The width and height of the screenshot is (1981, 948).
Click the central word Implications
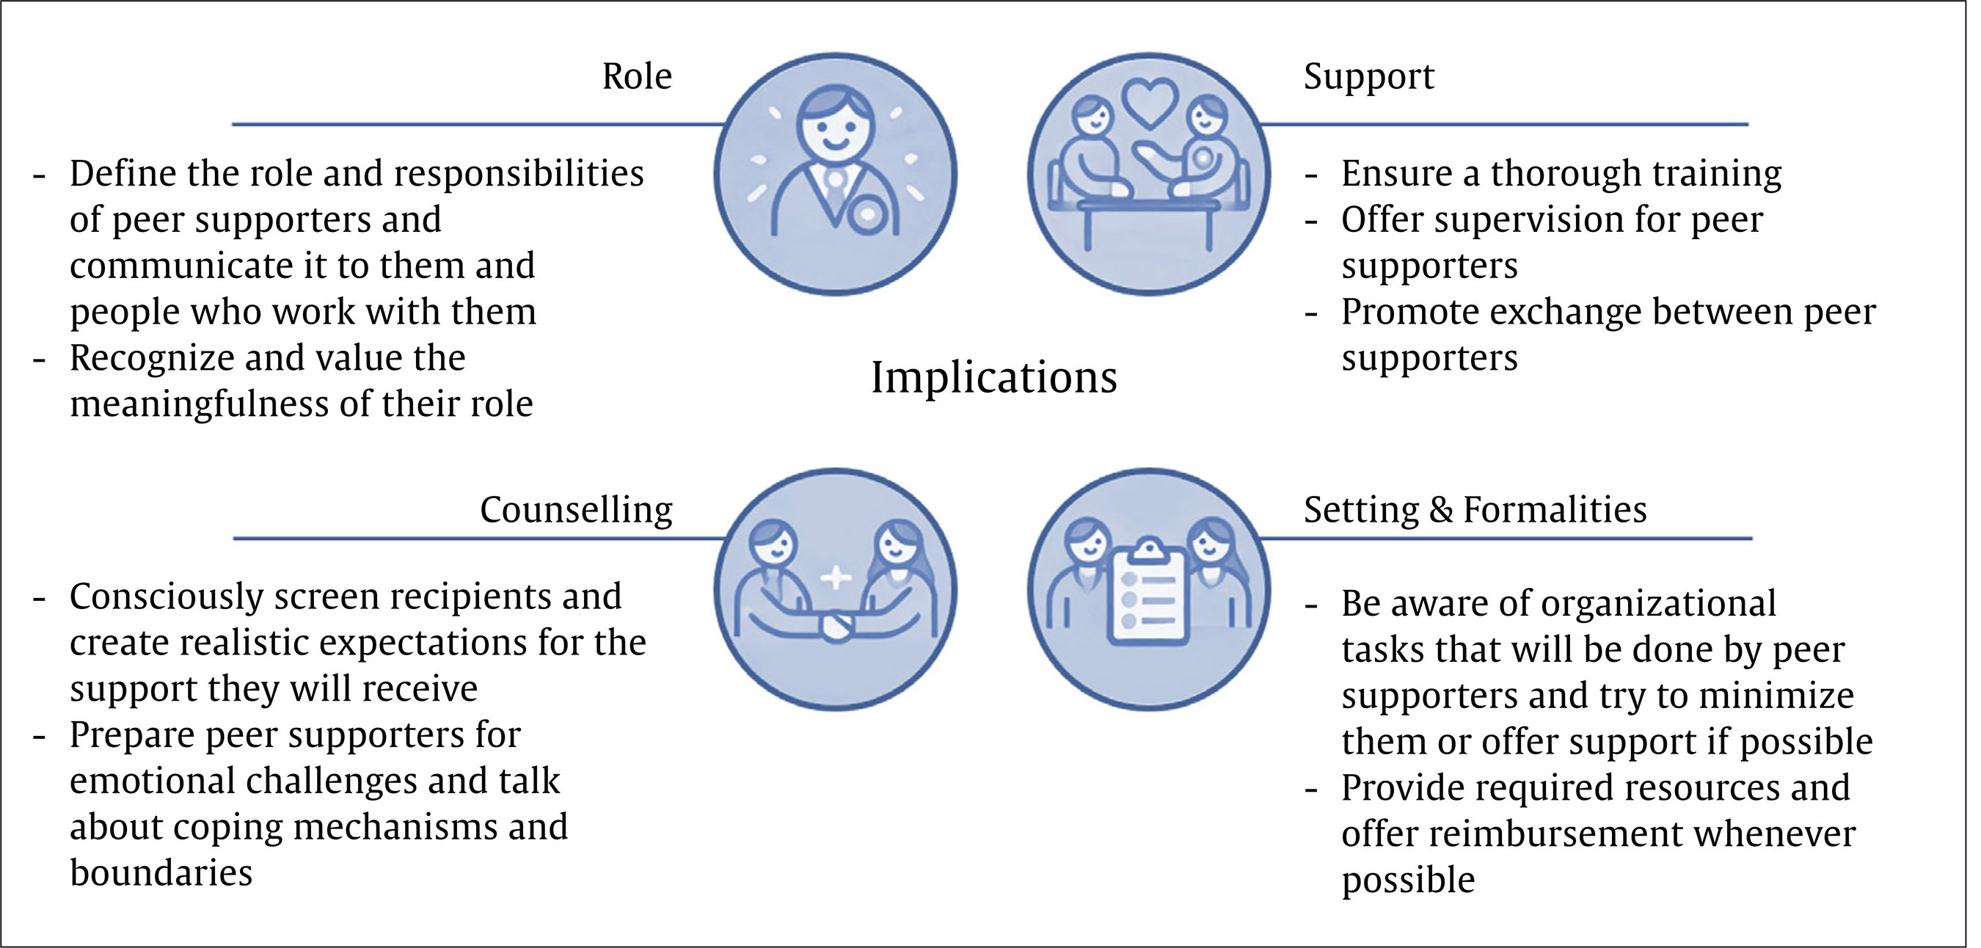tap(993, 379)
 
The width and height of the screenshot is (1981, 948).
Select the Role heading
tap(637, 76)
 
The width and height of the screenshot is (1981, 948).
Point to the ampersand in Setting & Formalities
tap(1440, 510)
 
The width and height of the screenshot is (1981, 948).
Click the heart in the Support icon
tap(1149, 103)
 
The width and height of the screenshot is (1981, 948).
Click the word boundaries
tap(161, 872)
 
